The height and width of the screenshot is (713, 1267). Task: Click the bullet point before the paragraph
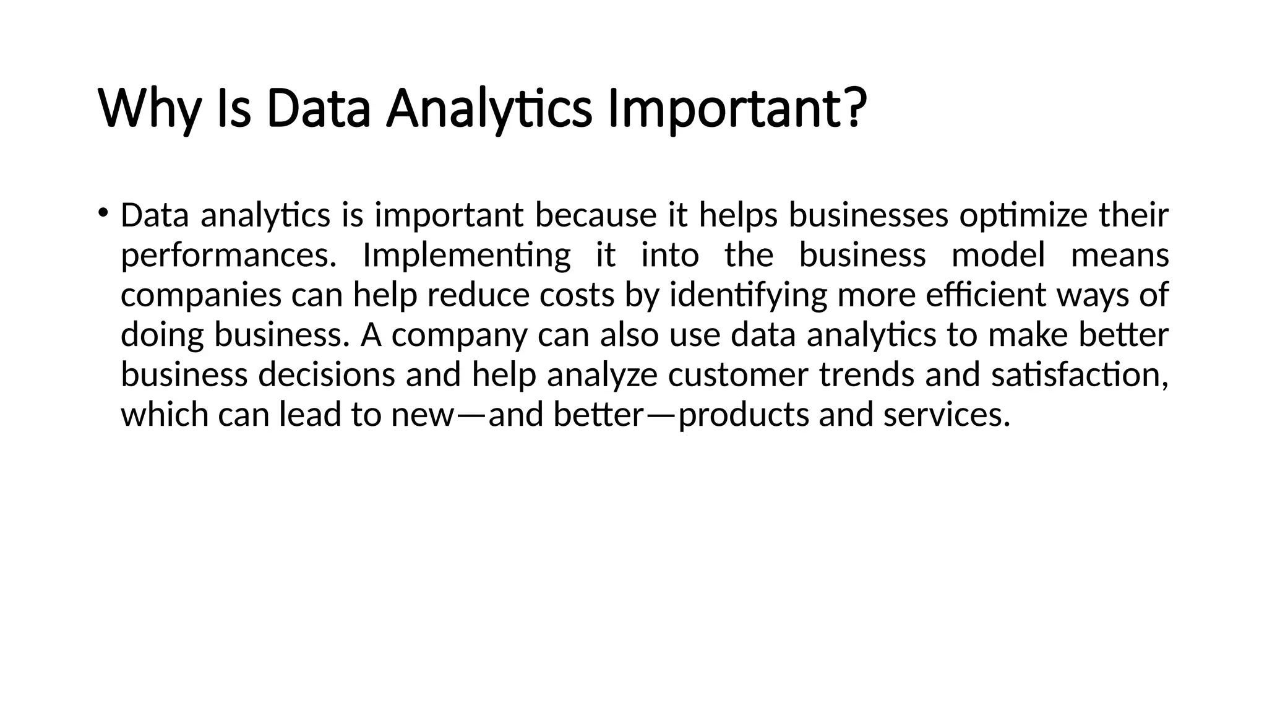[x=103, y=214]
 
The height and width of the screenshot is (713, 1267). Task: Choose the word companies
[x=201, y=296]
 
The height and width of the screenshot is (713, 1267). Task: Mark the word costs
[x=577, y=296]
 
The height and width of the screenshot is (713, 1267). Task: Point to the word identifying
[x=748, y=296]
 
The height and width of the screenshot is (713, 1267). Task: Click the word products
[x=744, y=415]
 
